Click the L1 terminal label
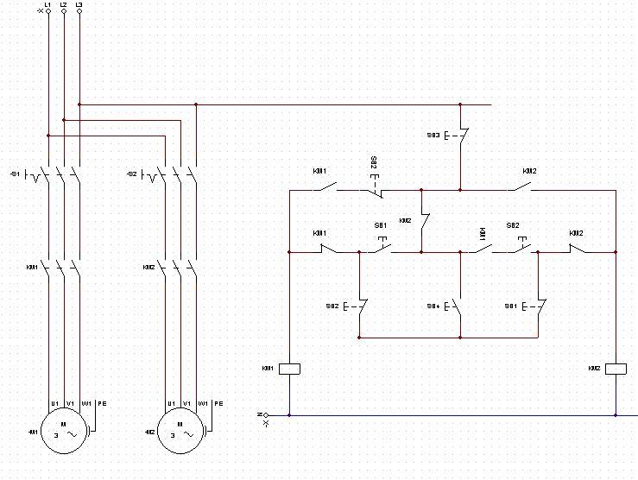pyautogui.click(x=47, y=5)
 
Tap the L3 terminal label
pyautogui.click(x=79, y=5)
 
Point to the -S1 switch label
pyautogui.click(x=14, y=174)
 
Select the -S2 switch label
pyautogui.click(x=131, y=174)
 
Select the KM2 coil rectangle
pyautogui.click(x=616, y=369)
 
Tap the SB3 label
pyautogui.click(x=433, y=136)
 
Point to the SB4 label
pyautogui.click(x=433, y=306)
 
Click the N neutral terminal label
pyautogui.click(x=259, y=415)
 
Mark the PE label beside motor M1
pyautogui.click(x=102, y=403)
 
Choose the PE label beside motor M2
pyautogui.click(x=218, y=403)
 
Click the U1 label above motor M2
pyautogui.click(x=171, y=403)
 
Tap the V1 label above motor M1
pyautogui.click(x=69, y=403)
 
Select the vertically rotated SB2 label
pyautogui.click(x=374, y=164)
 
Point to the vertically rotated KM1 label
pyautogui.click(x=483, y=234)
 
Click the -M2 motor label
pyautogui.click(x=150, y=432)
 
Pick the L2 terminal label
pyautogui.click(x=63, y=5)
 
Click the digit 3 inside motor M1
pyautogui.click(x=54, y=436)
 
